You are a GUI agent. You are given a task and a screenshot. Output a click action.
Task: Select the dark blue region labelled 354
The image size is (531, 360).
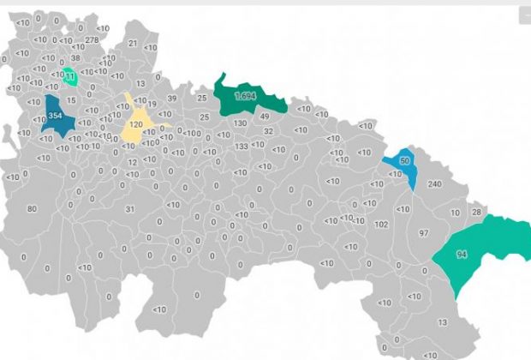coord(56,117)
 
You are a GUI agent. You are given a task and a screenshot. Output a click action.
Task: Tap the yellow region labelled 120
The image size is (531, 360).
coord(136,125)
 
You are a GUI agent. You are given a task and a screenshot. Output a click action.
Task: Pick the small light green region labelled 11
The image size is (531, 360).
coord(70,77)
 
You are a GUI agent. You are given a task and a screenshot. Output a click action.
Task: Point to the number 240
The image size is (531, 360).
coord(434,184)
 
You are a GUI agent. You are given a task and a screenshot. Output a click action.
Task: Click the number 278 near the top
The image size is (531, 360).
coord(92,40)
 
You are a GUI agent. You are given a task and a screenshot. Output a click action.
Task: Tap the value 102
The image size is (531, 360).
coord(381,224)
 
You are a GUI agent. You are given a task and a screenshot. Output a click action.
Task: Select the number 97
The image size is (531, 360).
coord(423,234)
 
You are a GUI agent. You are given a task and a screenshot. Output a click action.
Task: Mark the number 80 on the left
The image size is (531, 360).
coord(33,208)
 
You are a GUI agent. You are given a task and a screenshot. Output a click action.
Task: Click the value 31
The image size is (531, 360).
coord(130,208)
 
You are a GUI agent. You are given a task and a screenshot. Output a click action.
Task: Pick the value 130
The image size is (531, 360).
coord(240,123)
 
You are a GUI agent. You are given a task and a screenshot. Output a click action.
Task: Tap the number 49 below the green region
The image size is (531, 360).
coord(265,117)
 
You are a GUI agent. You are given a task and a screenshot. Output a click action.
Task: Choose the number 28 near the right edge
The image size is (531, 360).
coord(477,212)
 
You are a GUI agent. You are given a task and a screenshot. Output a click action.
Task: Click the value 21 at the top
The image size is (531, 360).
coord(133,43)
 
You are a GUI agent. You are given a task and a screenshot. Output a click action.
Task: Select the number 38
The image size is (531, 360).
coord(75,58)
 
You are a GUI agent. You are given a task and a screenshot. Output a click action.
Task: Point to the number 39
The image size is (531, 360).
coord(172,99)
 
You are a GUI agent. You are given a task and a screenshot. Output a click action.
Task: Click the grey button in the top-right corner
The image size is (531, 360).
coord(524,16)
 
